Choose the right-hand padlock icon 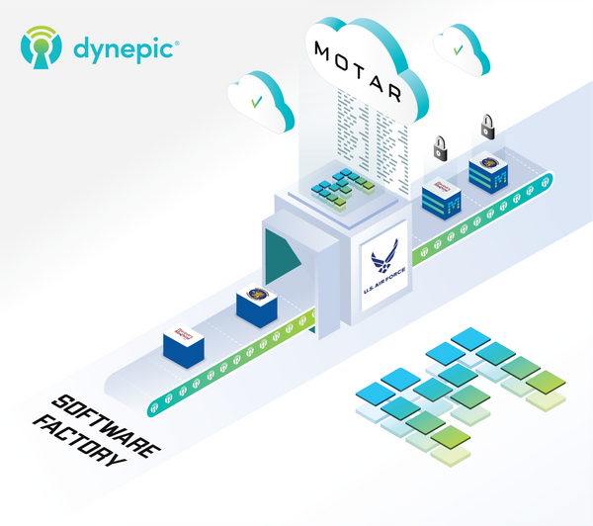point(486,126)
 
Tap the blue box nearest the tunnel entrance point(256,307)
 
